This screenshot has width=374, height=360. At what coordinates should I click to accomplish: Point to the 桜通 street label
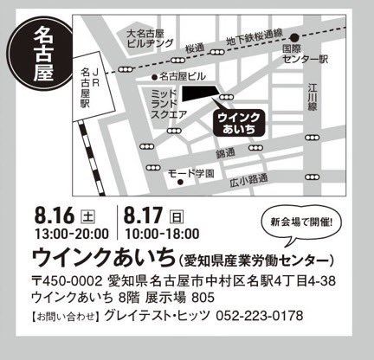click(195, 48)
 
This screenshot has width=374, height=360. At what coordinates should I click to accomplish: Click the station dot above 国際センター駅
click(294, 36)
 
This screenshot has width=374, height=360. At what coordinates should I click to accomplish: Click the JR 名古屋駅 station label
click(84, 87)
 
